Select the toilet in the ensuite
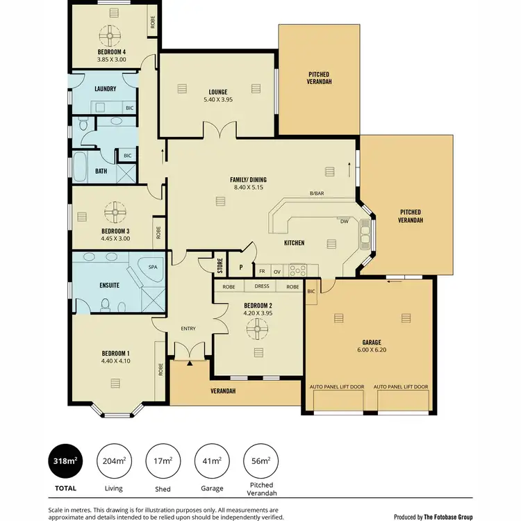(106, 304)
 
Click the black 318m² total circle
(65, 462)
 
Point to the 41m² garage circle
(211, 462)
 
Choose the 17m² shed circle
(163, 462)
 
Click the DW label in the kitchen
(344, 222)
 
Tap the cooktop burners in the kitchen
(298, 270)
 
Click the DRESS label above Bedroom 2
(261, 286)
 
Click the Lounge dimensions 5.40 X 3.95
(218, 100)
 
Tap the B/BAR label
(317, 193)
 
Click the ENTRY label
(188, 329)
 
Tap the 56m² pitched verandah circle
(260, 462)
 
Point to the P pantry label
(241, 267)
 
